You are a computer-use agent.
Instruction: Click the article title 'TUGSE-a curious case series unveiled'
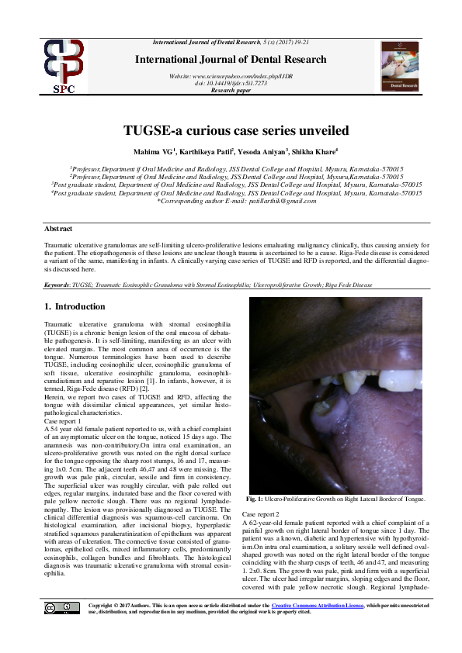[231, 130]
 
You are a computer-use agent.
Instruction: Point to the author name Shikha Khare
[294, 151]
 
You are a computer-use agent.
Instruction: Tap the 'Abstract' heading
[58, 230]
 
